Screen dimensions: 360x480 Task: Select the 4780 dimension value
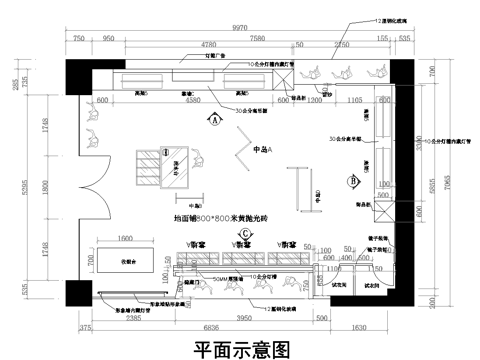coord(211,46)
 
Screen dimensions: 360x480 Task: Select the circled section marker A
coord(214,119)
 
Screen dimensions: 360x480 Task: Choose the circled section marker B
coord(353,181)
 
